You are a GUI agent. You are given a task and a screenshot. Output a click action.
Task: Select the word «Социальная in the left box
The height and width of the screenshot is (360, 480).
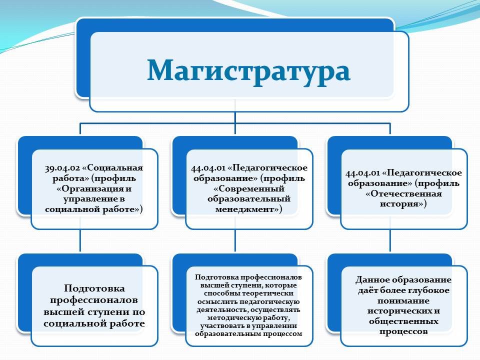coord(112,168)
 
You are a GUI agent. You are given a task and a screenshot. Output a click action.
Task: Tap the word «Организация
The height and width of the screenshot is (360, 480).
coord(89,189)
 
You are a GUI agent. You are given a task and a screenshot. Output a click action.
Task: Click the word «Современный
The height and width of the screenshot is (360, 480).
coord(249,188)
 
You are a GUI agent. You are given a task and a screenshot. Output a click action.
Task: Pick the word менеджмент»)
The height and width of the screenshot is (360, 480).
coord(248,209)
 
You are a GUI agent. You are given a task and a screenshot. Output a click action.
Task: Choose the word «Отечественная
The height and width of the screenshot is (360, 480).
coord(403,194)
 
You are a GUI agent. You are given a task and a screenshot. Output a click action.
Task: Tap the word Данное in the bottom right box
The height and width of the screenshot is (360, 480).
coord(372,280)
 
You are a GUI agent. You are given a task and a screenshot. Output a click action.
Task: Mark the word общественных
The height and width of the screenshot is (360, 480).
coord(403,321)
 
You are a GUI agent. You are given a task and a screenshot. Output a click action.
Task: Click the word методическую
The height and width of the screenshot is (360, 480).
coord(231,318)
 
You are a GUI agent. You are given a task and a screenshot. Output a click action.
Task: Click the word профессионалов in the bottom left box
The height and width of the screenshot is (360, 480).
coord(93,300)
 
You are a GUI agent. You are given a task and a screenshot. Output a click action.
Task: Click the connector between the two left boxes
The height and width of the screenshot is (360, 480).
coord(80,240)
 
